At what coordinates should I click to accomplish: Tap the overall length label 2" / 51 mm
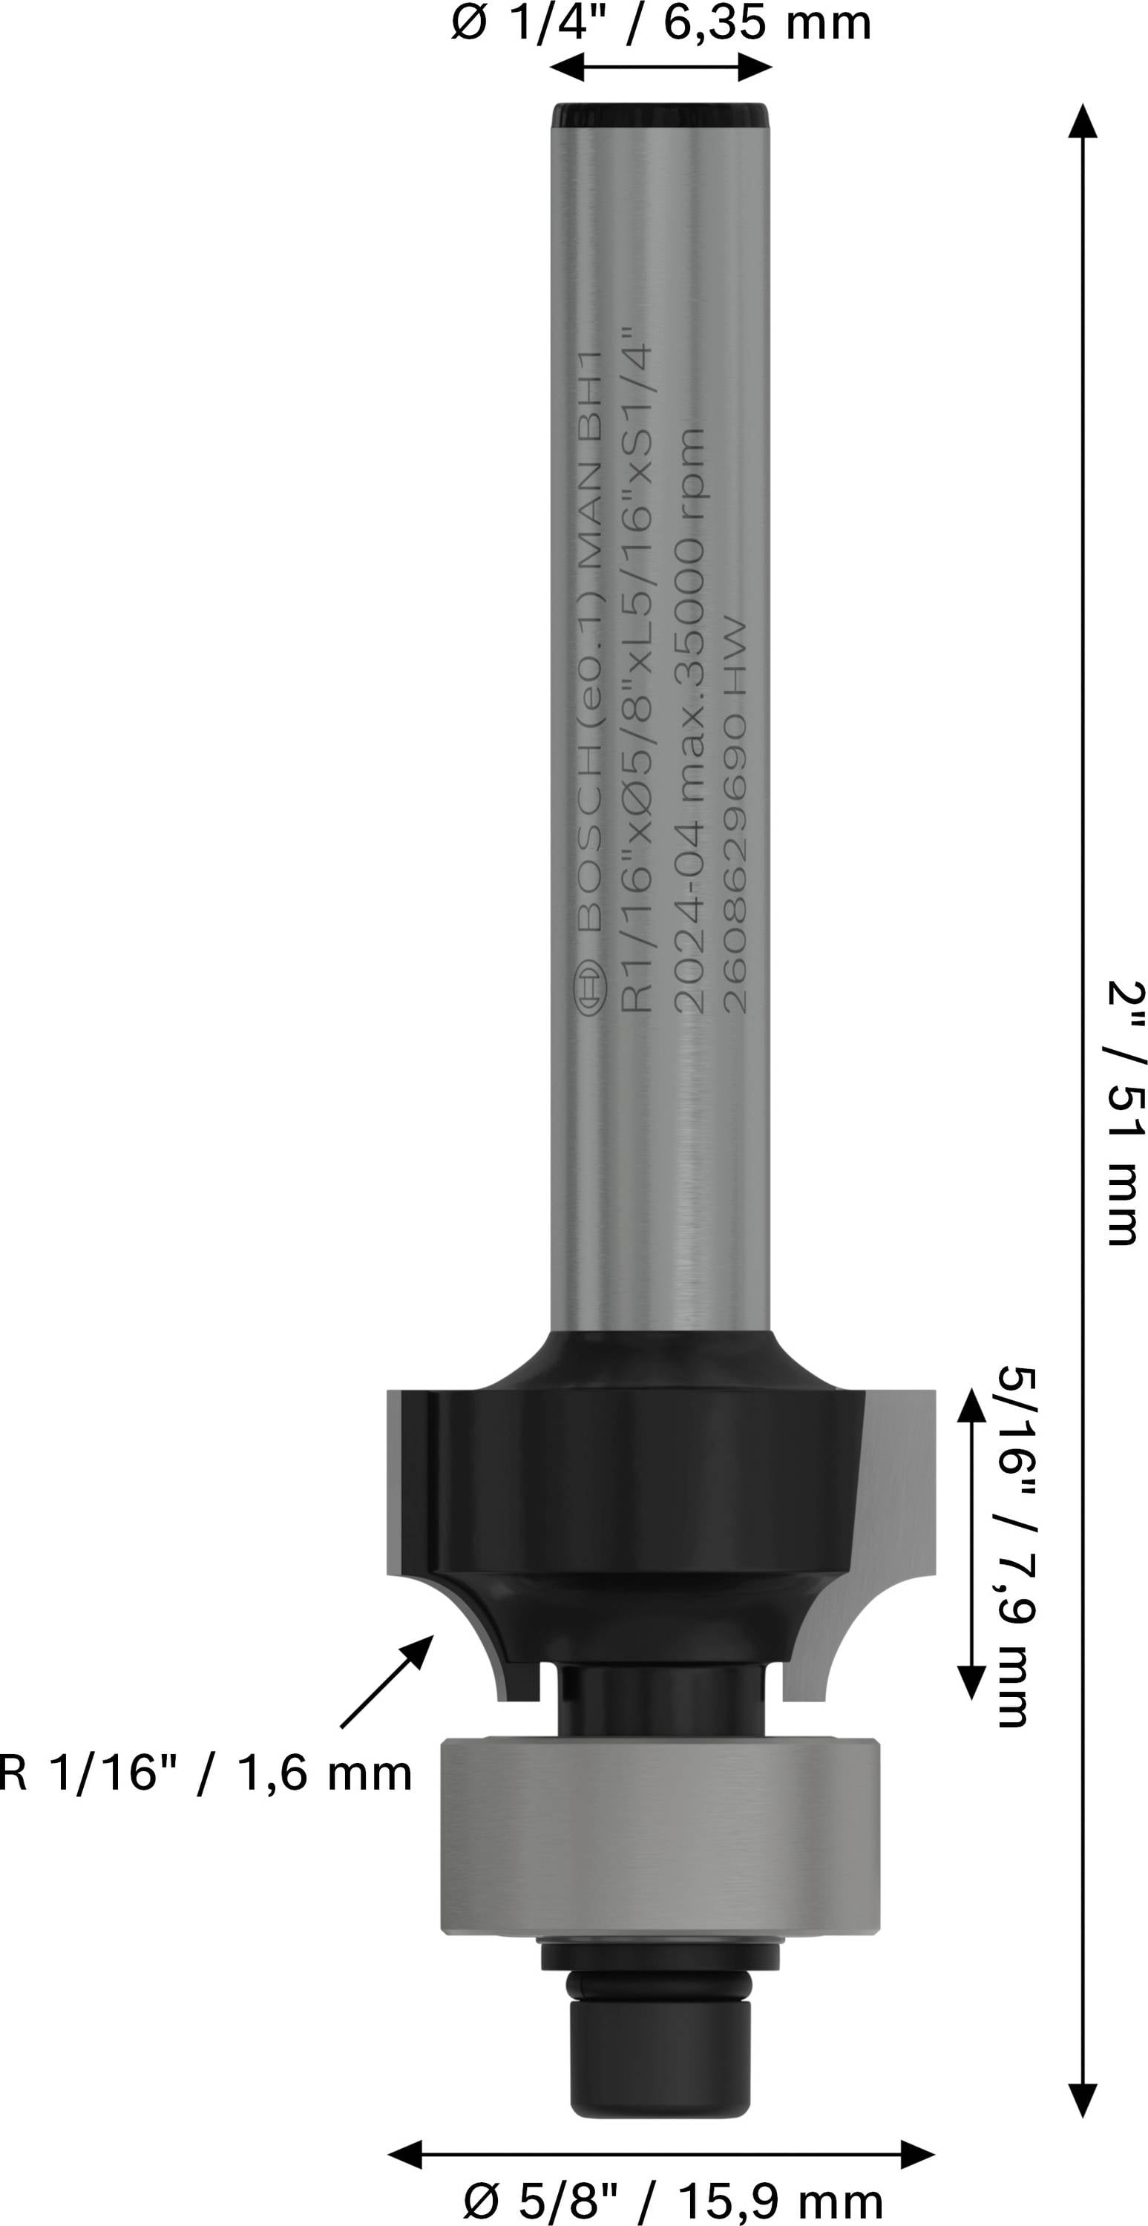click(1127, 1112)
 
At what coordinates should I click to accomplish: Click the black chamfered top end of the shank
click(660, 116)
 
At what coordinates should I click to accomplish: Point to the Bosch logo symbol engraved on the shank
click(591, 987)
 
